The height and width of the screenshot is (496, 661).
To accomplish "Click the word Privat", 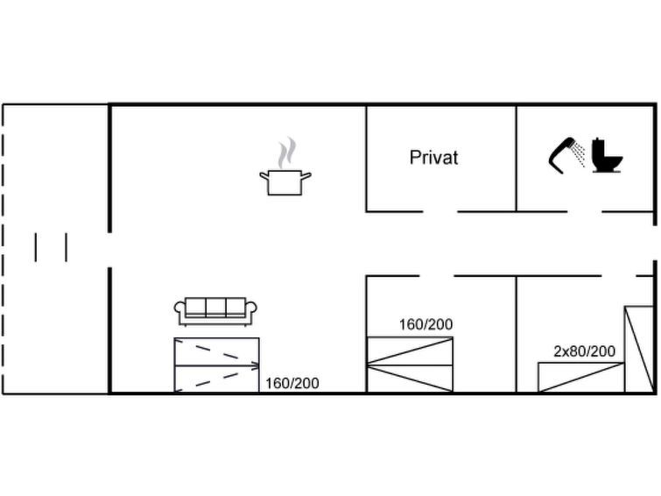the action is point(433,158).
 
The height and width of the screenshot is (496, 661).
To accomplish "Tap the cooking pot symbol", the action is point(285,182).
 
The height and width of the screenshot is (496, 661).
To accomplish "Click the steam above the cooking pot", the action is point(286,152).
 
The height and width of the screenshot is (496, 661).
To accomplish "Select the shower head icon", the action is point(566,155).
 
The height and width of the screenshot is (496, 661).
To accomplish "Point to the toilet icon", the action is point(607,155).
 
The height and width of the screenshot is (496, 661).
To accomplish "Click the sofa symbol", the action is point(215,311).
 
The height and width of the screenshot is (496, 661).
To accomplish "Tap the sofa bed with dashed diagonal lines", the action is point(216,365).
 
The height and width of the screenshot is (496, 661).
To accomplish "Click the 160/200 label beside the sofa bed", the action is point(292,383).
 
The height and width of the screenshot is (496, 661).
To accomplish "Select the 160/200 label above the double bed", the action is point(425,324).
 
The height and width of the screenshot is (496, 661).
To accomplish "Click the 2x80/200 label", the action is point(584,351).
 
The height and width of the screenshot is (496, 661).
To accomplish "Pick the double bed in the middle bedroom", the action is point(411,365).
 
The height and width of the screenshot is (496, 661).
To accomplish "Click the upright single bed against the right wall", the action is point(638,350).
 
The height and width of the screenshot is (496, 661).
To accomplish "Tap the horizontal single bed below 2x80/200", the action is point(581,378).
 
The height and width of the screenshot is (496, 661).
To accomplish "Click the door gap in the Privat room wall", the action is point(440,211).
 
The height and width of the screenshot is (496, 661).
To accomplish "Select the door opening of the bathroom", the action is point(584,211).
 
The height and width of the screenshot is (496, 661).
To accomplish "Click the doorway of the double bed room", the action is point(436,276).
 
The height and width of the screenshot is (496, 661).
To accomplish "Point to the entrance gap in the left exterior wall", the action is point(109,250).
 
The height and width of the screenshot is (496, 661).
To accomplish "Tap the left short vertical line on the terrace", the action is point(35,247).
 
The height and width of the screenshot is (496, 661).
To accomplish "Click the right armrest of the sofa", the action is point(250,308).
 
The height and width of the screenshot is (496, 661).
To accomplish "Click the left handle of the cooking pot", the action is point(264,175).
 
